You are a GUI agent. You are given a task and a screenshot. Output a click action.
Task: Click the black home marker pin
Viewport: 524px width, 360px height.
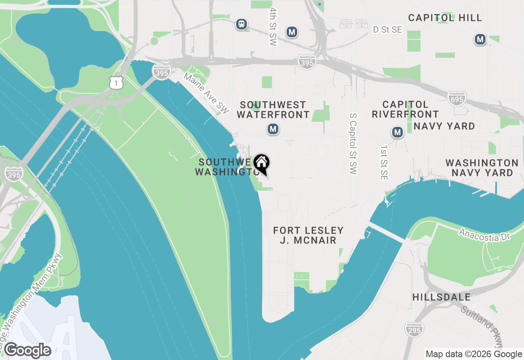[261, 164]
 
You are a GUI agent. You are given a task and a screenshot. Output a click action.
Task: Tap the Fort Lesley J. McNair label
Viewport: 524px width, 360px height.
[308, 235]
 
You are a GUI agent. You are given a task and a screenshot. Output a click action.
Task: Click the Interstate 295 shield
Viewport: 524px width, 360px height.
[415, 329]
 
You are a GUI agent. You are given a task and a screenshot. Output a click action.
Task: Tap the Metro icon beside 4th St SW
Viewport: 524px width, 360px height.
[292, 32]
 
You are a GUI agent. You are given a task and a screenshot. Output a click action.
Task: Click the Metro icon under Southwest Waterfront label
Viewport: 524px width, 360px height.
[273, 129]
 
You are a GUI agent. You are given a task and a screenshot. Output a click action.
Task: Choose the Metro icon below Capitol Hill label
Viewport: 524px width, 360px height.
[480, 40]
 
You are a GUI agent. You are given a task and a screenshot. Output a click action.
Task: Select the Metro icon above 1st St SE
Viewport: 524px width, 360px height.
[397, 132]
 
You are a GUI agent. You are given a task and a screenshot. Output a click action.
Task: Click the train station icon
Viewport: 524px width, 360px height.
[242, 24]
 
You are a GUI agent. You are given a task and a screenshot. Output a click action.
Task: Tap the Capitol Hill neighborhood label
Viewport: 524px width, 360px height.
[445, 18]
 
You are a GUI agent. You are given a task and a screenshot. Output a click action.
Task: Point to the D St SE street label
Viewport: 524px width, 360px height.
[387, 30]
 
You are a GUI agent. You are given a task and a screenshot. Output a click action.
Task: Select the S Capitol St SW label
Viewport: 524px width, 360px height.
[353, 144]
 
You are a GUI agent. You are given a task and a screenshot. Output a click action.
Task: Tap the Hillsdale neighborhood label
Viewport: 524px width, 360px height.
[442, 297]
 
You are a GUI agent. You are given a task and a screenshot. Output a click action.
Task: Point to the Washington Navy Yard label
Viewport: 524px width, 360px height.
[482, 168]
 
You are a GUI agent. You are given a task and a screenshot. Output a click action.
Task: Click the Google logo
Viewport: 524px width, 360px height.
[27, 351]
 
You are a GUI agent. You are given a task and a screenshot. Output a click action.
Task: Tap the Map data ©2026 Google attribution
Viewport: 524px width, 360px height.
[474, 354]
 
